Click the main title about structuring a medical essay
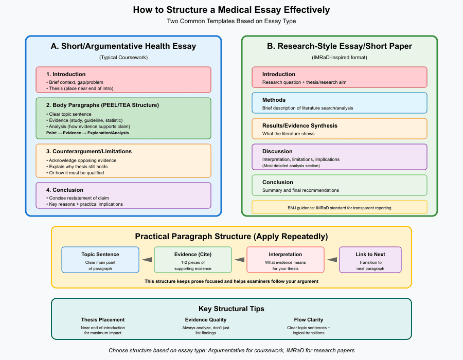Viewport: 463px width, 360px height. point(231,10)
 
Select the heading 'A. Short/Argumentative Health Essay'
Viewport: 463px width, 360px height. point(123,46)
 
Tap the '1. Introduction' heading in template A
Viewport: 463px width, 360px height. point(66,75)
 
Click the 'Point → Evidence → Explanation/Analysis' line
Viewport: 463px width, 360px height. point(87,133)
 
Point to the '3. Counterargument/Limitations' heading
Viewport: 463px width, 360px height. point(89,151)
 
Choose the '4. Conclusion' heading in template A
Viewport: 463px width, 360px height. point(65,190)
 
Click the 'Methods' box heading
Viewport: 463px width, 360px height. point(274,100)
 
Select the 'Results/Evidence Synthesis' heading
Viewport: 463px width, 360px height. point(300,125)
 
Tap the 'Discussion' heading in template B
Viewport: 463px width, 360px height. point(277,151)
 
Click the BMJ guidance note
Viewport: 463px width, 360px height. point(340,208)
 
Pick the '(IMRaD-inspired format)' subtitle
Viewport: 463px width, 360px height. point(340,58)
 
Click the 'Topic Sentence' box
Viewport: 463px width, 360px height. point(100,260)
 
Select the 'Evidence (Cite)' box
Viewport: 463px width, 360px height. point(192,260)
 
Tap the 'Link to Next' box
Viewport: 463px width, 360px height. point(370,260)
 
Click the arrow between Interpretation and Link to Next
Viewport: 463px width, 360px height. point(332,260)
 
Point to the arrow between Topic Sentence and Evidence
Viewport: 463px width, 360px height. point(147,260)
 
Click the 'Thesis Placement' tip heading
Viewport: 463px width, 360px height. point(103,320)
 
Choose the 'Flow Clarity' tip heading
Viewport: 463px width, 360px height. point(308,320)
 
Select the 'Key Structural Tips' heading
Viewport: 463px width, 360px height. point(231,309)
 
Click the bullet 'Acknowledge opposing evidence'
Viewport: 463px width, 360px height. point(81,160)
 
